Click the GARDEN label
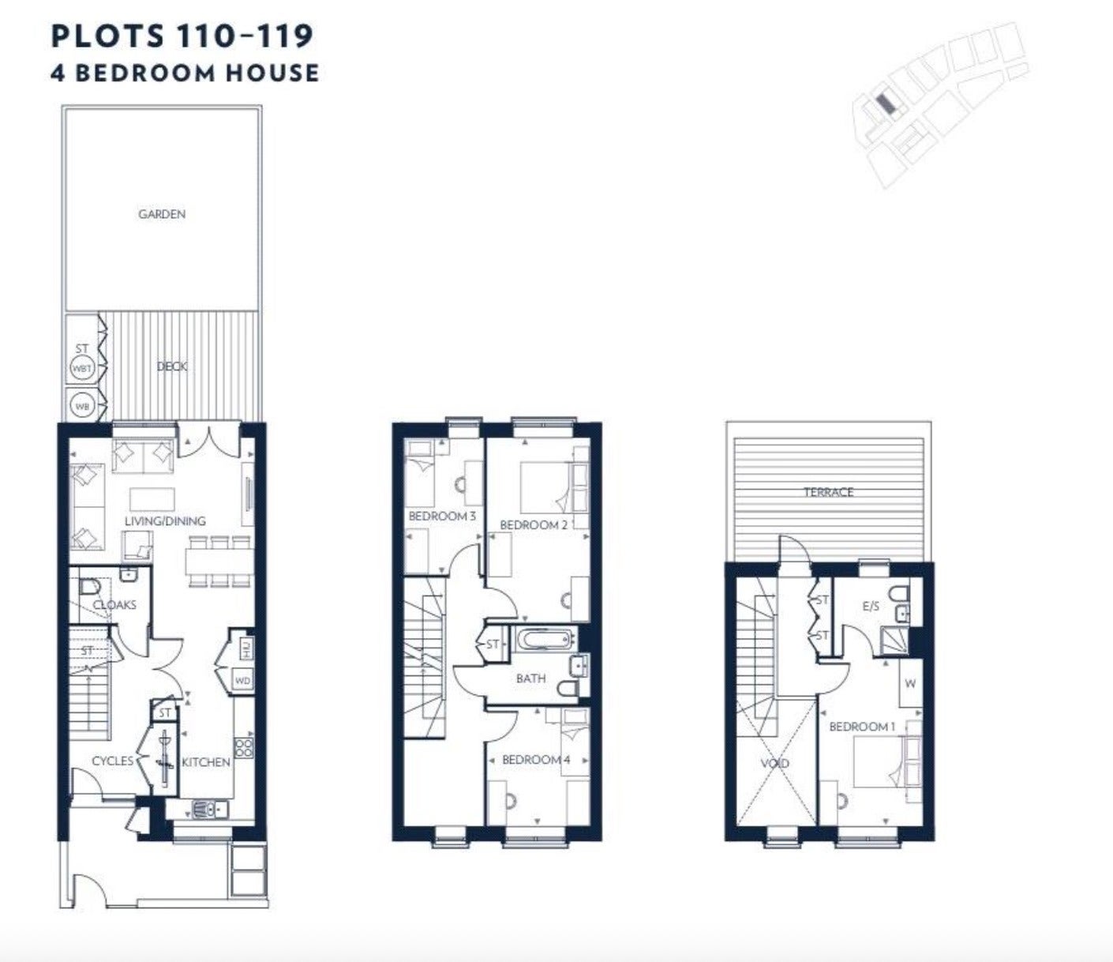(x=162, y=214)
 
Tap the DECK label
(x=172, y=366)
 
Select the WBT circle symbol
(x=82, y=369)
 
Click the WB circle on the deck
(x=82, y=406)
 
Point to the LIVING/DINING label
(x=165, y=521)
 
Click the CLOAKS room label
(x=114, y=605)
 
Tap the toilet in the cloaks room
(x=89, y=585)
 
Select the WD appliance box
(x=243, y=680)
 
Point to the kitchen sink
(x=210, y=809)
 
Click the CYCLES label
(x=113, y=761)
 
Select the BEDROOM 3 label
(x=442, y=517)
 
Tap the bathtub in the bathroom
(x=545, y=641)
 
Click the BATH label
(x=531, y=678)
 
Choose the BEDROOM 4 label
(x=536, y=760)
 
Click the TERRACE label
(x=829, y=492)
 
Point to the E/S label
(x=871, y=607)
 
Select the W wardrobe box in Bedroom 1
(x=911, y=683)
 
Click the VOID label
(x=775, y=763)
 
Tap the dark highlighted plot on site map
(x=886, y=104)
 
